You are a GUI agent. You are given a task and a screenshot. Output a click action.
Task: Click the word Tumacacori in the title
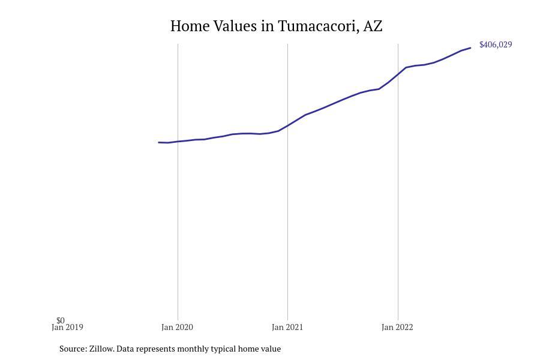coord(317,26)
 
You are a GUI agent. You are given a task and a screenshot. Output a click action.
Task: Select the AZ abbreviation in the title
coord(373,26)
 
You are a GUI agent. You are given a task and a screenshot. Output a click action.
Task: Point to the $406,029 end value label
coord(496,45)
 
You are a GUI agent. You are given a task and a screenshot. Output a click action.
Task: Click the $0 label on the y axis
coord(61,320)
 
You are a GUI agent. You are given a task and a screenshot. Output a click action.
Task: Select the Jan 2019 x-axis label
coord(67,328)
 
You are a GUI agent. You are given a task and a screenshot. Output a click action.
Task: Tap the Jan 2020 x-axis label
coord(177,328)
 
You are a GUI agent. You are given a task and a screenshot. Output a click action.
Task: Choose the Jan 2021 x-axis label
coord(287,328)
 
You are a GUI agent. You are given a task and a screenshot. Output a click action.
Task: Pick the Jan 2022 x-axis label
coord(397,328)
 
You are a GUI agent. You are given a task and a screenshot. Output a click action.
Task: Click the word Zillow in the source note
coord(101,349)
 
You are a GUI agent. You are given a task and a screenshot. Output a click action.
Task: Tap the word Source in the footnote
coord(73,349)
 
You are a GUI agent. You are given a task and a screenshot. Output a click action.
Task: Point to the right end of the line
coord(470,48)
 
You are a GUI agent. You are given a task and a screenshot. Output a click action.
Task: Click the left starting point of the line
coord(158,142)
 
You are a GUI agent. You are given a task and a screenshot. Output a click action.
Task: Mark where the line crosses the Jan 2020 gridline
coord(178,142)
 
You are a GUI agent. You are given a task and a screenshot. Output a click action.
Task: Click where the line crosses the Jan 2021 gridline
coord(287,125)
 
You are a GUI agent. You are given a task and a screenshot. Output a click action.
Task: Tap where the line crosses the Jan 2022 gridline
coord(398,74)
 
